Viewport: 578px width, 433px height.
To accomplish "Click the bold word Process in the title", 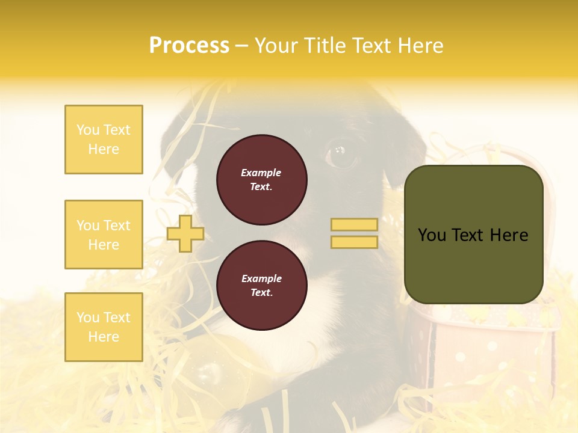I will [x=189, y=46].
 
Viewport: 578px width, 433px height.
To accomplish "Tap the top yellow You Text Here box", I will [x=104, y=140].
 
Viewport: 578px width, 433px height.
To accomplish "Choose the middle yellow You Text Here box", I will [x=104, y=235].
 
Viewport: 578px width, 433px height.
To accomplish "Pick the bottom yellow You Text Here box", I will [x=104, y=327].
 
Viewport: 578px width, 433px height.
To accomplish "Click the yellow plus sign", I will [x=185, y=233].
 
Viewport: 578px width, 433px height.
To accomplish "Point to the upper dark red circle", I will [x=261, y=179].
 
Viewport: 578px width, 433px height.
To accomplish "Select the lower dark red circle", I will [x=261, y=286].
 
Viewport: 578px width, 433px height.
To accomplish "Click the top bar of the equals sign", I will [x=354, y=225].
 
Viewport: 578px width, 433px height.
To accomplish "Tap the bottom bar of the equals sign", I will [x=354, y=242].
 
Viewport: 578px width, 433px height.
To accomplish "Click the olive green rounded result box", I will [x=474, y=235].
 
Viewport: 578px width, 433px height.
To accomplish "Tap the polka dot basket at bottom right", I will [x=488, y=355].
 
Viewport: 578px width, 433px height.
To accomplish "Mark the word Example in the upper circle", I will [x=261, y=173].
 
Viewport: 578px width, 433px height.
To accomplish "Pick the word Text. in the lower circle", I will [x=261, y=293].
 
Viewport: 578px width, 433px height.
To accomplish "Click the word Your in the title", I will [x=276, y=46].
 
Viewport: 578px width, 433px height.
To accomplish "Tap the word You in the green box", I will [x=432, y=235].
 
